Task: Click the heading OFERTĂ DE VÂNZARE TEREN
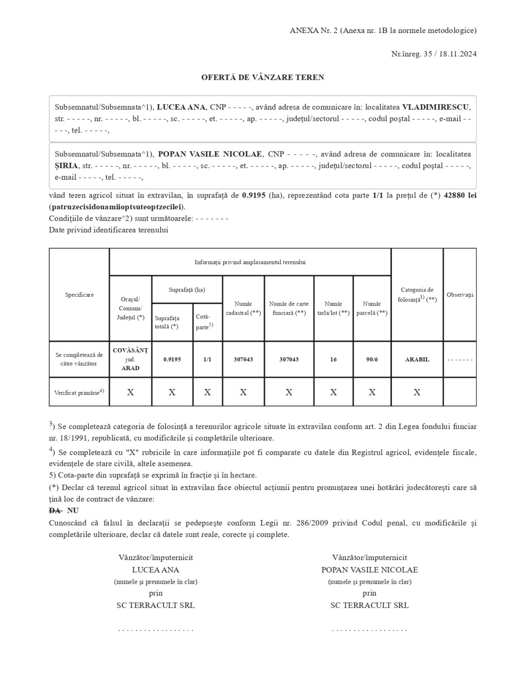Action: [262, 77]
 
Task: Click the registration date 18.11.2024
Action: [458, 54]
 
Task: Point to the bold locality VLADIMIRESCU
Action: [436, 107]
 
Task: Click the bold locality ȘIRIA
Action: [66, 166]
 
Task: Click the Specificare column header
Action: [79, 295]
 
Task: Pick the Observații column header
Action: [459, 295]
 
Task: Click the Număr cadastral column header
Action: [243, 308]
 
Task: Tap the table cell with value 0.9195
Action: [172, 359]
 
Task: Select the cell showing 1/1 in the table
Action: [207, 359]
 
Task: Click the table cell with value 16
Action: [333, 359]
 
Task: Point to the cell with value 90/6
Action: [372, 359]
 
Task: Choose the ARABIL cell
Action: [417, 359]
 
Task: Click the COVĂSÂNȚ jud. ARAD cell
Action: [130, 359]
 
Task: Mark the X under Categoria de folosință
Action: [417, 392]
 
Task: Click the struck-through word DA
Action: [55, 510]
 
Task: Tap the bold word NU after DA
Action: [73, 510]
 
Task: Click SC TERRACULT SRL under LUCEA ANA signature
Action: [155, 605]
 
